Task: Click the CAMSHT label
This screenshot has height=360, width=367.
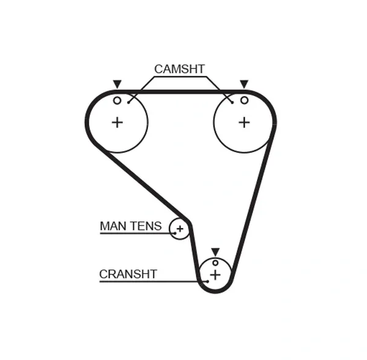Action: pyautogui.click(x=179, y=69)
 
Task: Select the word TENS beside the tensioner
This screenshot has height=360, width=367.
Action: pyautogui.click(x=146, y=226)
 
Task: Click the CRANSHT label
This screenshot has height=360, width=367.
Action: pyautogui.click(x=128, y=274)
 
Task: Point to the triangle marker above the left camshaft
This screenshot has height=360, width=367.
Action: pyautogui.click(x=117, y=84)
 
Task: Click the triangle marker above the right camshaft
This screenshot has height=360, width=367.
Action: pyautogui.click(x=244, y=84)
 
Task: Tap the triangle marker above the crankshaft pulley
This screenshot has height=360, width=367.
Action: pyautogui.click(x=215, y=252)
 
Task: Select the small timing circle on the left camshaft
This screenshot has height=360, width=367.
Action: pyautogui.click(x=117, y=101)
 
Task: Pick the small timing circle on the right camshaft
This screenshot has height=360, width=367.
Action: pyautogui.click(x=244, y=100)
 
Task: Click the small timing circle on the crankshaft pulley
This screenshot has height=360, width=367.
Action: pyautogui.click(x=215, y=263)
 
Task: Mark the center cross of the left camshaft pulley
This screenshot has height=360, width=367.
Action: pyautogui.click(x=117, y=122)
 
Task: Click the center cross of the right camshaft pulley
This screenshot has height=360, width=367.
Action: pyautogui.click(x=244, y=122)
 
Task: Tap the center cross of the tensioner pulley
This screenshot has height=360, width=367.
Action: pyautogui.click(x=180, y=229)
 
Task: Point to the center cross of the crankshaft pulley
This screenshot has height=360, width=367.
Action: pyautogui.click(x=215, y=274)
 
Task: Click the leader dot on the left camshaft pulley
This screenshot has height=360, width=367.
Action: pyautogui.click(x=128, y=103)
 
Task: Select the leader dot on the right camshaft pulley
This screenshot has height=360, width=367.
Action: pyautogui.click(x=232, y=103)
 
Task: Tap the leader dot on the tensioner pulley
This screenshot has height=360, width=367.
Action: pyautogui.click(x=175, y=233)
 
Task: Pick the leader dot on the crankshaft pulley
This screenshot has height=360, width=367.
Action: pyautogui.click(x=207, y=281)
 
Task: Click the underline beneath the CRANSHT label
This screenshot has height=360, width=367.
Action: pyautogui.click(x=154, y=281)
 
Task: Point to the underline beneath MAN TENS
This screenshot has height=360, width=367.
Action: pyautogui.click(x=138, y=233)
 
